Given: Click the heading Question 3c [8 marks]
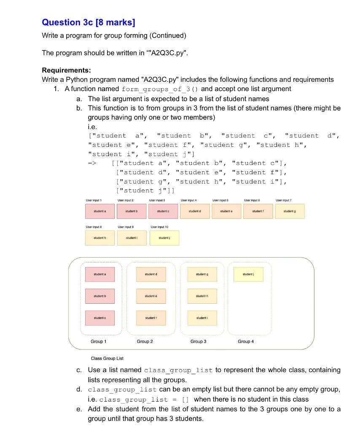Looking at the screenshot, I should pyautogui.click(x=89, y=22).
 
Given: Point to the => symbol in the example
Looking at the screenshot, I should pyautogui.click(x=92, y=163).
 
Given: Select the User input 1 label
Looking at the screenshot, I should pyautogui.click(x=94, y=200).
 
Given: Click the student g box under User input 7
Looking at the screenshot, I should pyautogui.click(x=290, y=211).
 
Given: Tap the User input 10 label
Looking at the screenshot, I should pyautogui.click(x=159, y=227).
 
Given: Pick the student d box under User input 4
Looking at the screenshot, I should pyautogui.click(x=195, y=211).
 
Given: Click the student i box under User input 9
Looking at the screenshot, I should pyautogui.click(x=132, y=238).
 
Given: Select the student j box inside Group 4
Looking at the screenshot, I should pyautogui.click(x=247, y=274).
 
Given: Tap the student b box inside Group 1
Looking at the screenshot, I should pyautogui.click(x=99, y=296).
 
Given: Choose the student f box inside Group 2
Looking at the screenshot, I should pyautogui.click(x=151, y=318).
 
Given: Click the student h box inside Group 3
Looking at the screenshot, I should pyautogui.click(x=202, y=296).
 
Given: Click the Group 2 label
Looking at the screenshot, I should pyautogui.click(x=145, y=341).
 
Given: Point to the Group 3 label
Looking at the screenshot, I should pyautogui.click(x=198, y=341).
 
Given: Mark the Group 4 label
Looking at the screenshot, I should pyautogui.click(x=246, y=341).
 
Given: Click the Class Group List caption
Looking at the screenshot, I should pyautogui.click(x=107, y=359).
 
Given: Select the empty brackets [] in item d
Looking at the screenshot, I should pyautogui.click(x=185, y=400).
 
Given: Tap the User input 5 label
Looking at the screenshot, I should pyautogui.click(x=220, y=200).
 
